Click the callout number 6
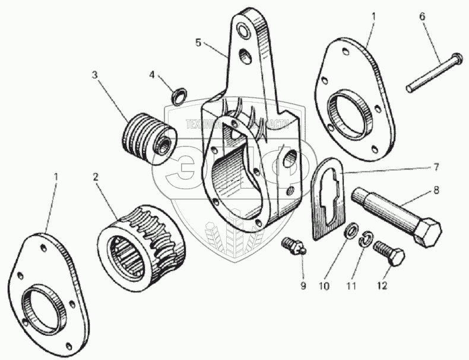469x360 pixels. click(423, 17)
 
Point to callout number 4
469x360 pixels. click(152, 75)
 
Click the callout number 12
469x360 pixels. click(381, 285)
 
